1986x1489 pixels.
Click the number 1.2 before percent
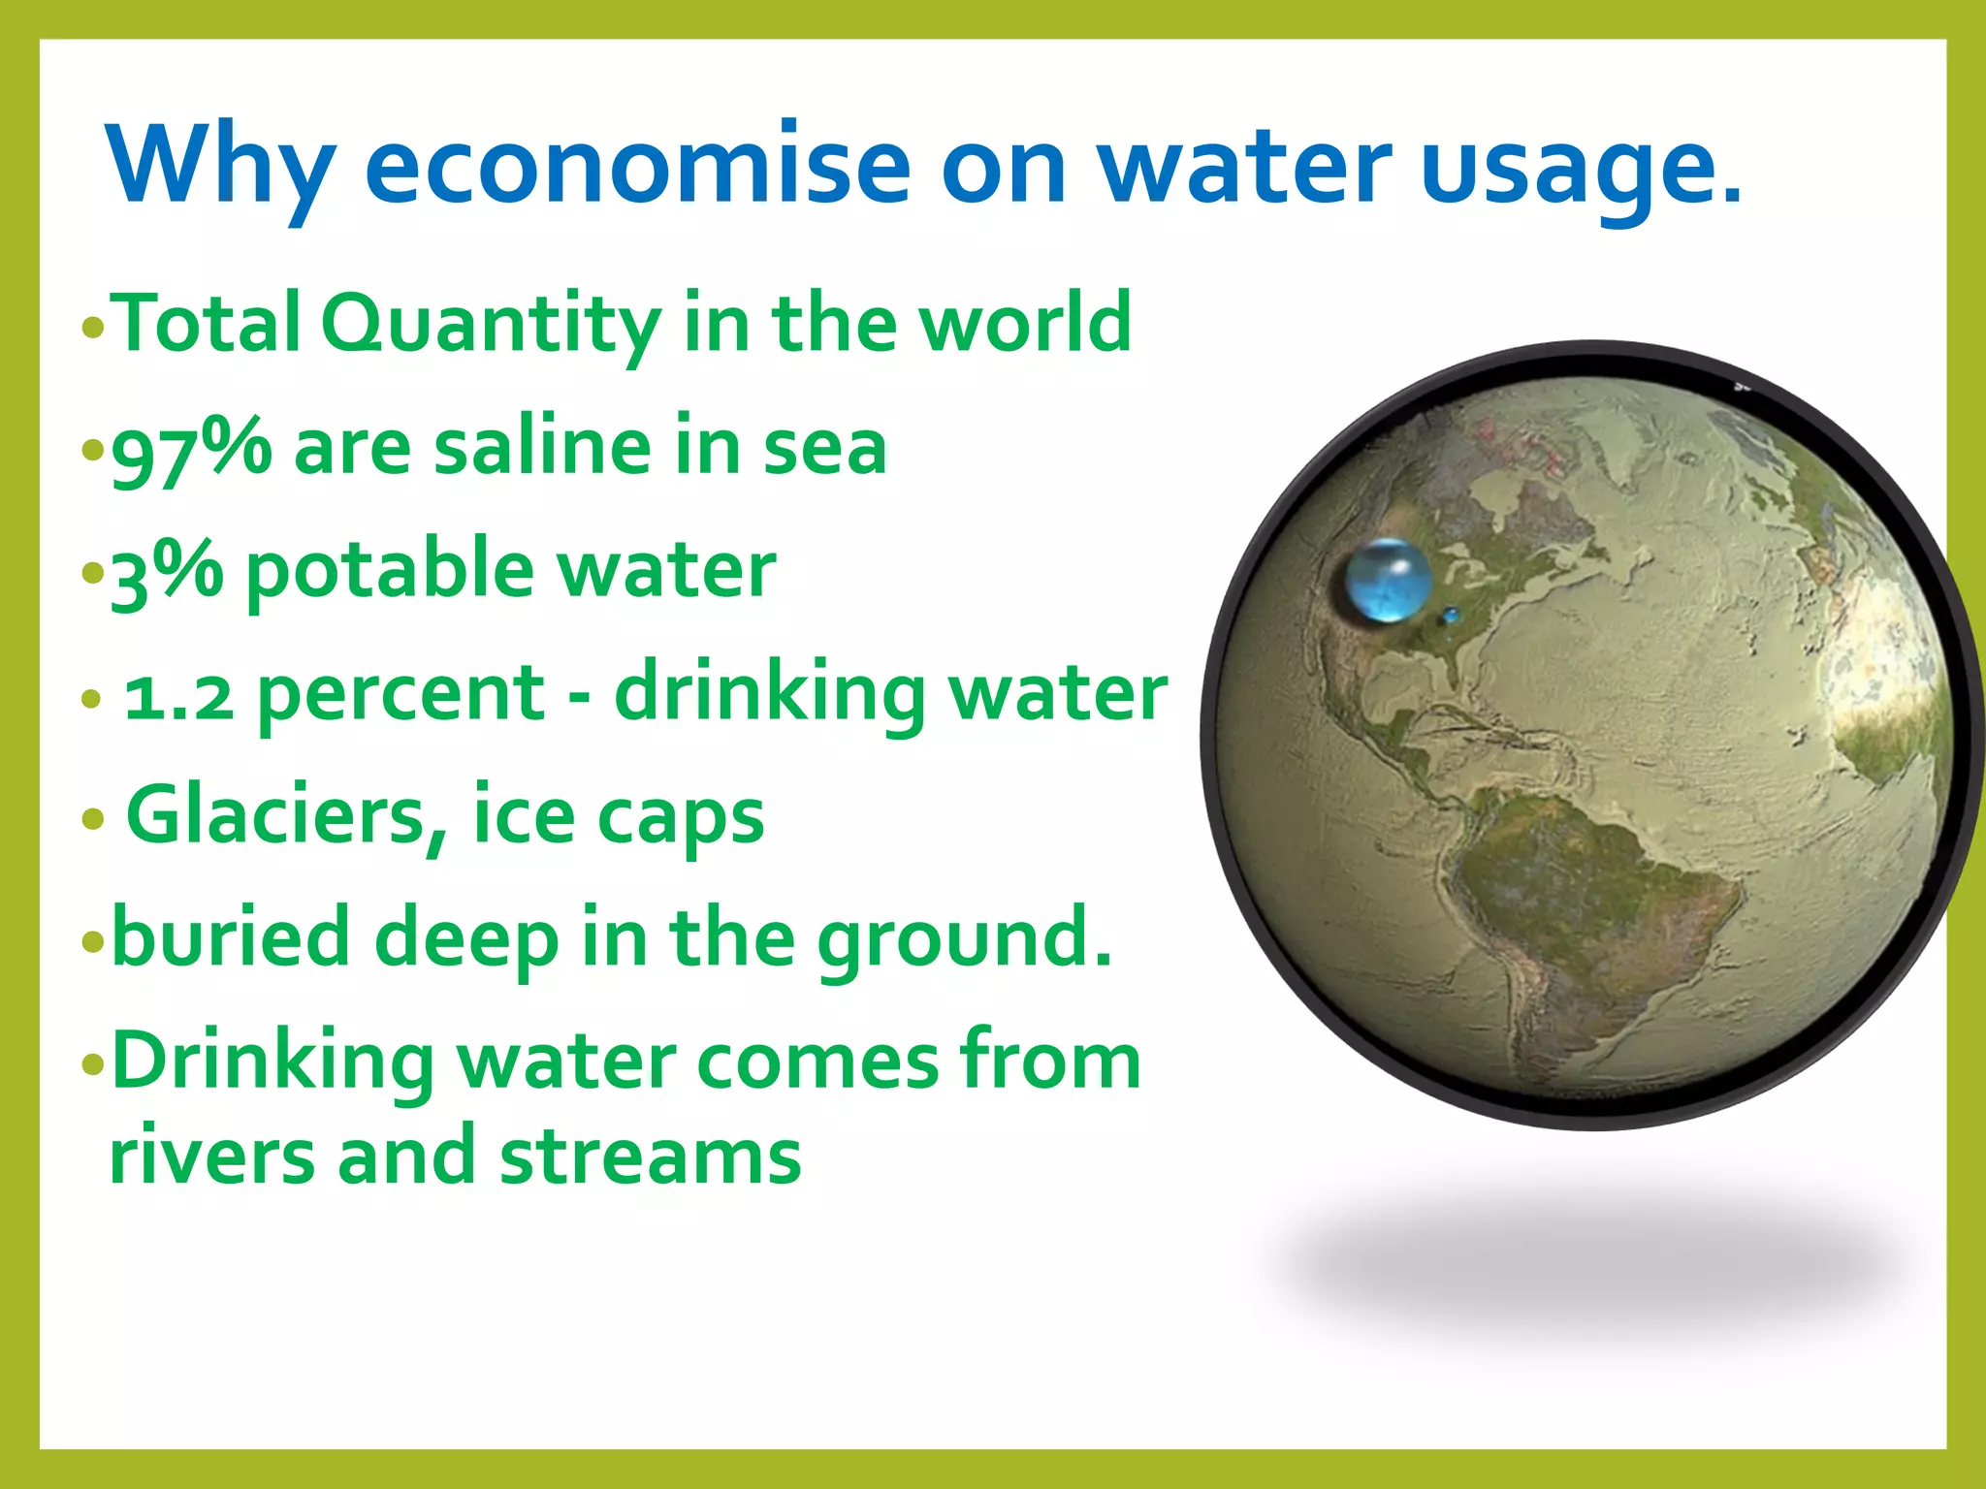coord(179,695)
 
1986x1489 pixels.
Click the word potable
coord(389,572)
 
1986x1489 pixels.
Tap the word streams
coord(651,1156)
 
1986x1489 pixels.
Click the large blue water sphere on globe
coord(1389,581)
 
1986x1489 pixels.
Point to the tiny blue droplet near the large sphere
coord(1451,615)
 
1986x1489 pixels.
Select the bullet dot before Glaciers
coord(93,819)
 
